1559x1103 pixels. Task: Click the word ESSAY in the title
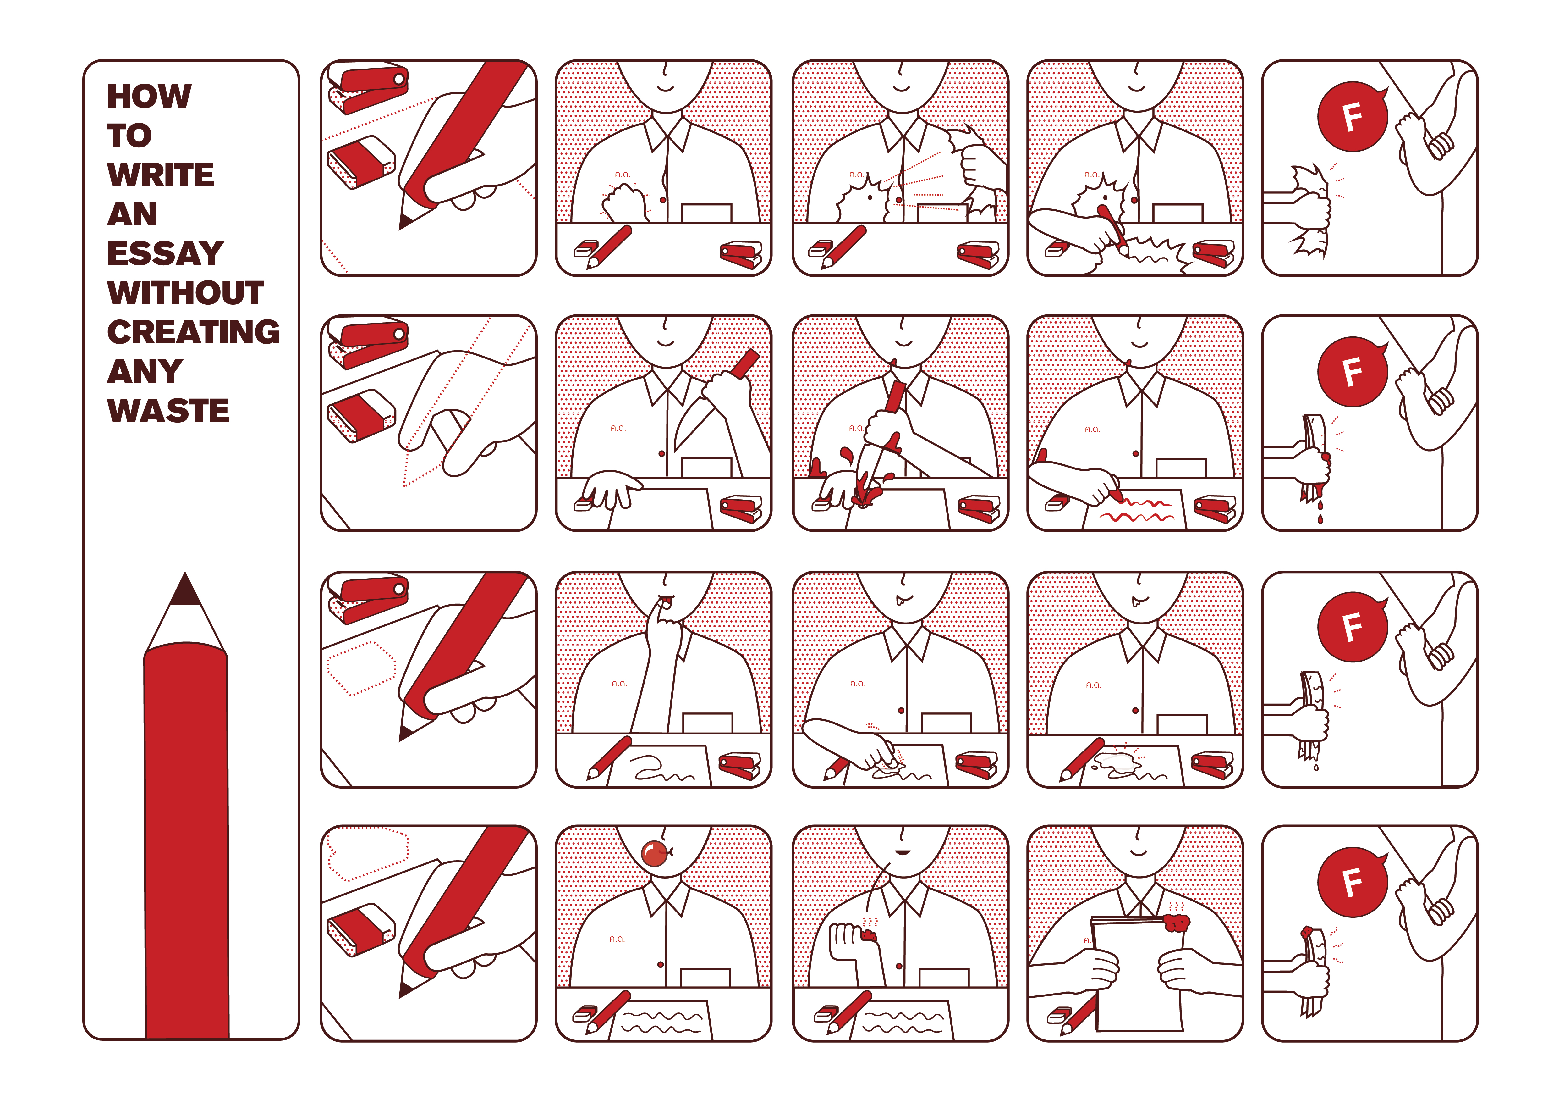pyautogui.click(x=165, y=253)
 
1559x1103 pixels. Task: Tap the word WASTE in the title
pyautogui.click(x=168, y=410)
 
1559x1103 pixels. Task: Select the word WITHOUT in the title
pyautogui.click(x=185, y=293)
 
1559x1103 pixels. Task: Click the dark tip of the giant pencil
pyautogui.click(x=185, y=590)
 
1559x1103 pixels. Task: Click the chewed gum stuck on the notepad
pyautogui.click(x=1177, y=922)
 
